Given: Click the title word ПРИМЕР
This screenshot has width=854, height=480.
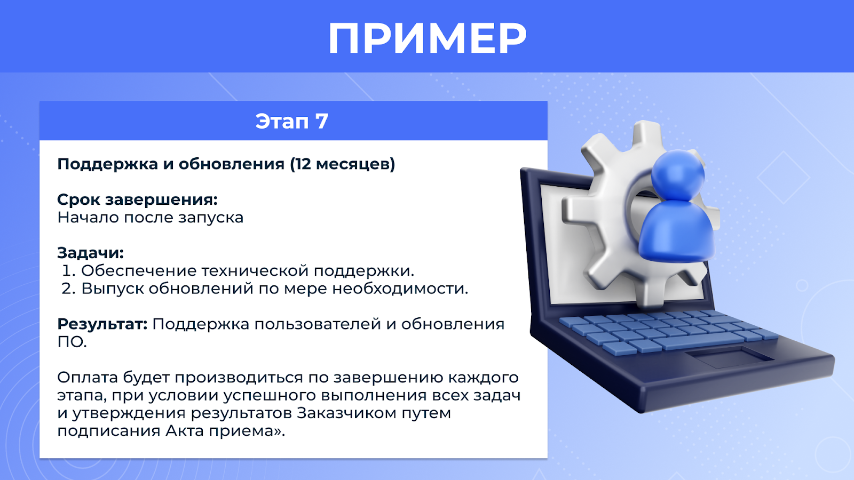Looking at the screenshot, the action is click(x=427, y=37).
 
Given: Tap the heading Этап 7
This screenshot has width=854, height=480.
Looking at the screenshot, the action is click(x=291, y=121).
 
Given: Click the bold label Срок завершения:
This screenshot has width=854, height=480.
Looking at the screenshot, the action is click(x=137, y=199).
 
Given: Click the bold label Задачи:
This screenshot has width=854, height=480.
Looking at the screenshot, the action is click(x=90, y=253).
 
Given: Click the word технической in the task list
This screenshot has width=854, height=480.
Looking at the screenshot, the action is click(x=255, y=270).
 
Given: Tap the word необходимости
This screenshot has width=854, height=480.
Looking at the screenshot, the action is click(x=400, y=289).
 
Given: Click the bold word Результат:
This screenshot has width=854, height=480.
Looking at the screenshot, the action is click(x=102, y=324).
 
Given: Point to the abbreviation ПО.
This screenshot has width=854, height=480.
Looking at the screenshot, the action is click(x=72, y=342).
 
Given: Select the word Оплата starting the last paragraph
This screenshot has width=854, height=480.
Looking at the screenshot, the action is click(x=88, y=377).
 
